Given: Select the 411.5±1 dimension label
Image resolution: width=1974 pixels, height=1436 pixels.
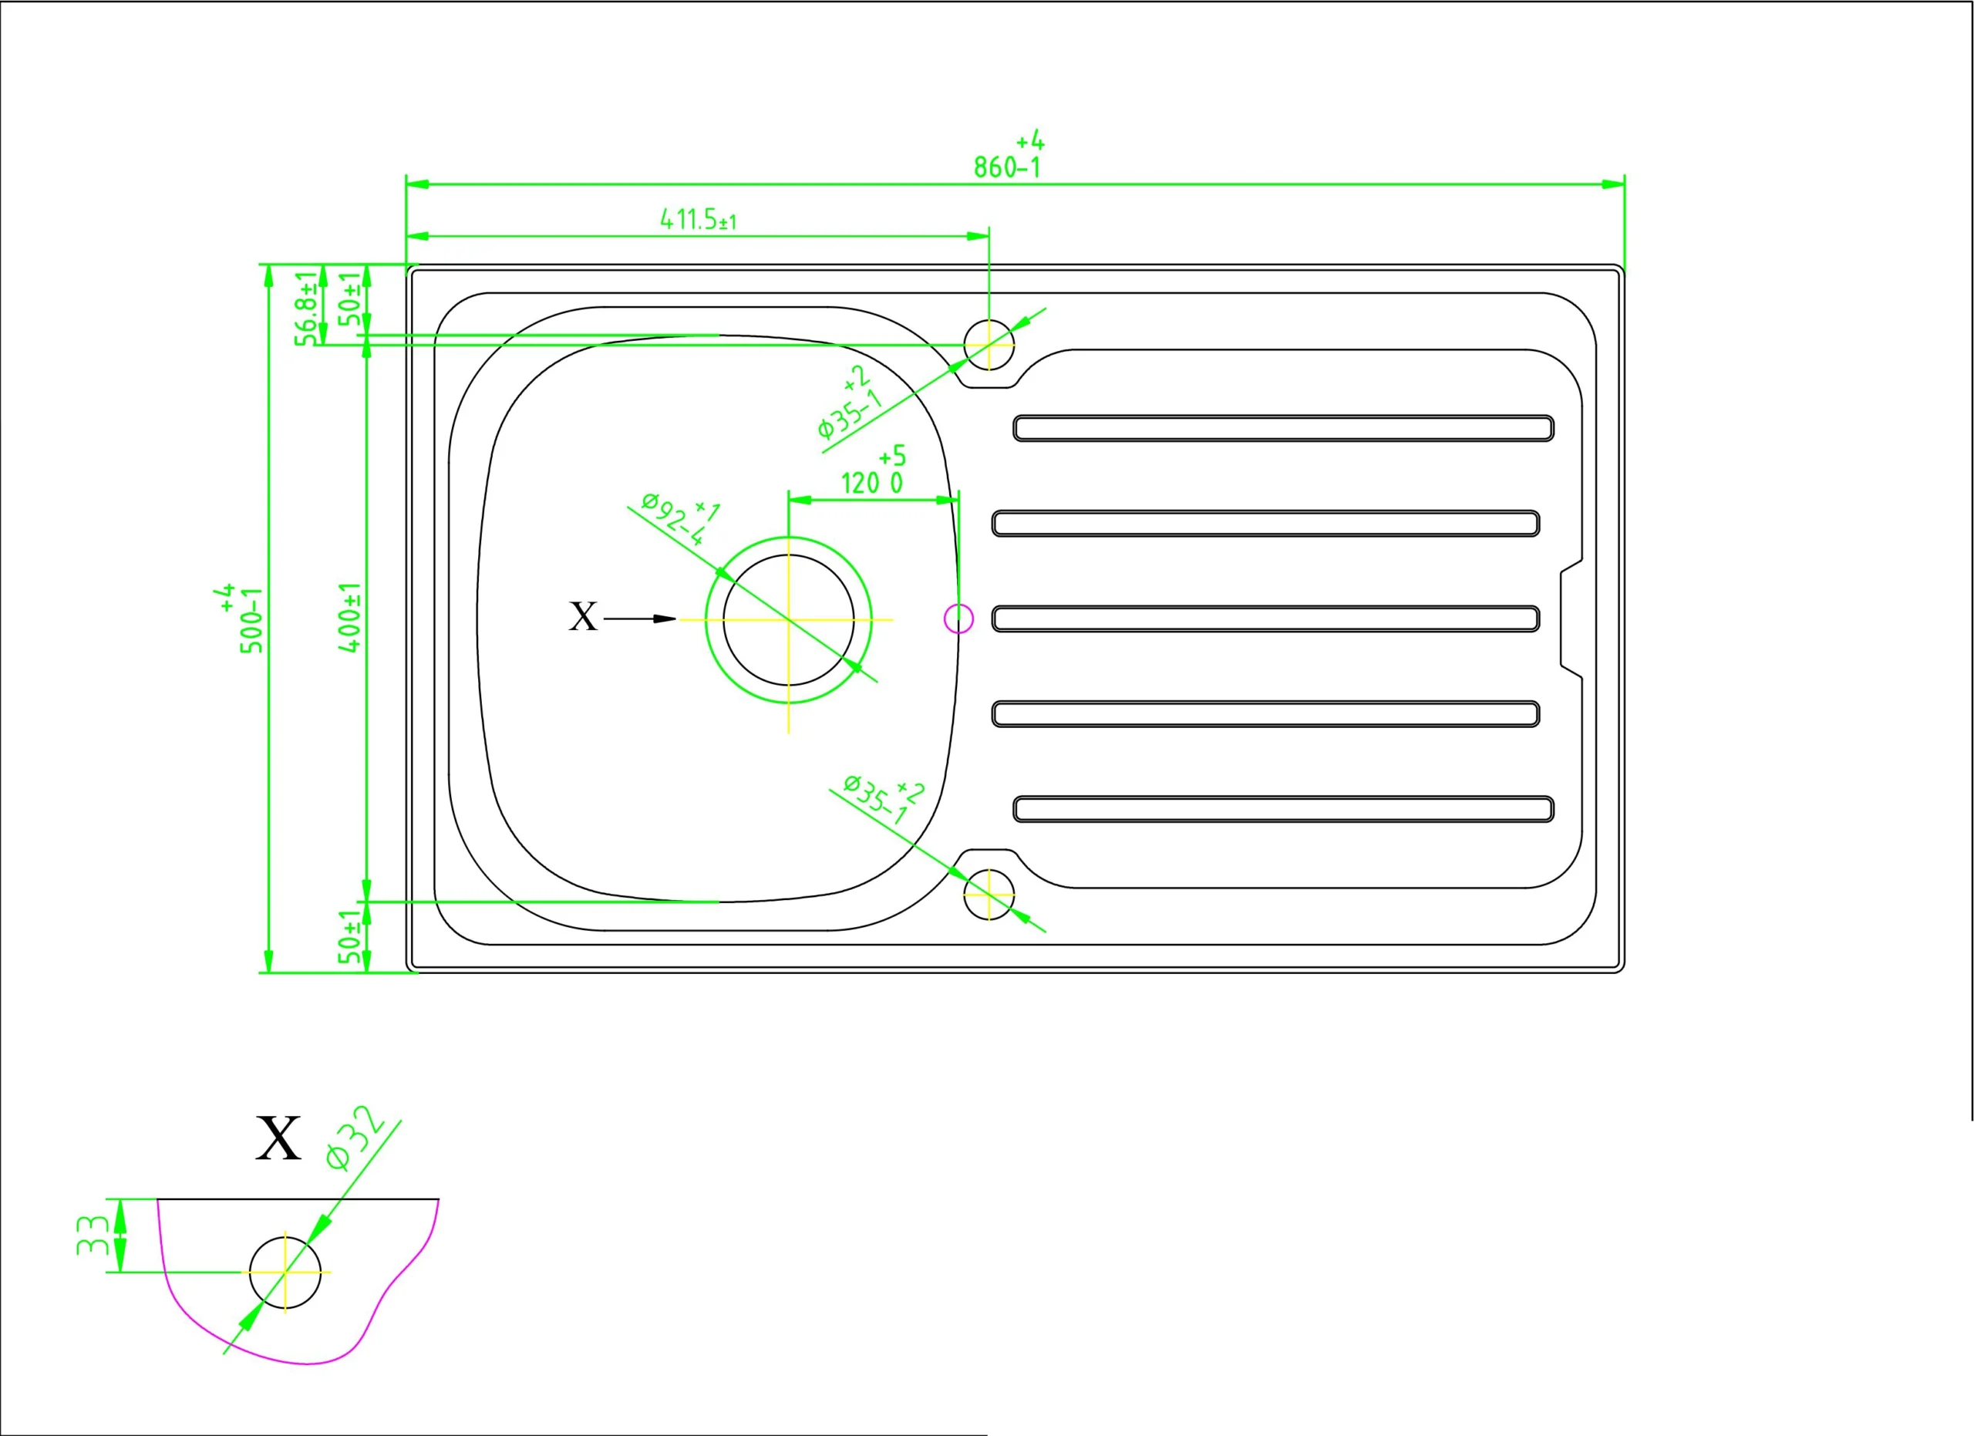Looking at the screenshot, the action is pos(698,218).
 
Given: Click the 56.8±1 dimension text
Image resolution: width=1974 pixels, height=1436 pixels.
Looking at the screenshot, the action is pos(306,309).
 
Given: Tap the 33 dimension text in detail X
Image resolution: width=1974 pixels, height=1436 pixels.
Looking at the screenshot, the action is pos(92,1235).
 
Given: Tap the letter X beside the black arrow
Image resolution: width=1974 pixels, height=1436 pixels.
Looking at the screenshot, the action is pos(583,617).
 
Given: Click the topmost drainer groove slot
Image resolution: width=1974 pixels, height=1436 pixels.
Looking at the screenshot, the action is pos(1284,428).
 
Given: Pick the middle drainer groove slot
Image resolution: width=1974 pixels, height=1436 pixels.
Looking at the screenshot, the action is pos(1265,619).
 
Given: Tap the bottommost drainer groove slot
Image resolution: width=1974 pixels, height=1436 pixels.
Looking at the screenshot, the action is pos(1284,808).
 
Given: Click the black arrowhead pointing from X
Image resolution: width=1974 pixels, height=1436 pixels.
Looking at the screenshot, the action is pos(665,619).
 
